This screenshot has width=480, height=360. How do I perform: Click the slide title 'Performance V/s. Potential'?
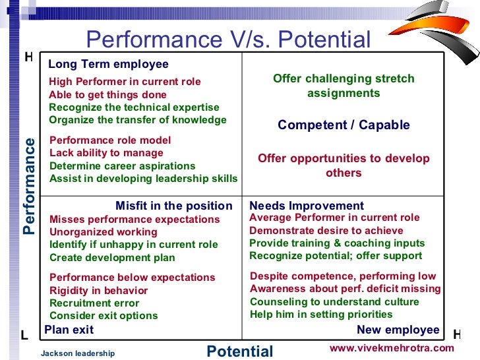pyautogui.click(x=228, y=40)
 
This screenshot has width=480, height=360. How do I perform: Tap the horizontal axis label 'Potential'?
pyautogui.click(x=240, y=351)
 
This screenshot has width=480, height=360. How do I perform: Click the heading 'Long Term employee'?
pyautogui.click(x=108, y=65)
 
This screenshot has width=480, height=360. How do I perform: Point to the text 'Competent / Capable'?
pyautogui.click(x=344, y=125)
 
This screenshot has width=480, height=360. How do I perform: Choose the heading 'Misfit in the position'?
pyautogui.click(x=173, y=206)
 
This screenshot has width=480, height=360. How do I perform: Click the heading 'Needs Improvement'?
pyautogui.click(x=307, y=206)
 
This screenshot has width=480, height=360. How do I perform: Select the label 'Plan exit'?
pyautogui.click(x=69, y=330)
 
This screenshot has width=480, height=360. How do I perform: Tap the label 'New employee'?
pyautogui.click(x=398, y=330)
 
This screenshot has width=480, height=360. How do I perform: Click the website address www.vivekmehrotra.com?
pyautogui.click(x=392, y=347)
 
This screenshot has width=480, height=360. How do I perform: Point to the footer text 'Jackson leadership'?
pyautogui.click(x=78, y=353)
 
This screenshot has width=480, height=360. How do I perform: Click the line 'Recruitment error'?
pyautogui.click(x=94, y=303)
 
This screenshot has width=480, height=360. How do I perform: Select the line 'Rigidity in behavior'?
pyautogui.click(x=98, y=291)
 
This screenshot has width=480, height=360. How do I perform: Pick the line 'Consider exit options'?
pyautogui.click(x=104, y=316)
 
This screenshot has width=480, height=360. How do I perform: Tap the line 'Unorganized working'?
pyautogui.click(x=104, y=232)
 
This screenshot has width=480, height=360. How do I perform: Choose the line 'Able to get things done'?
pyautogui.click(x=107, y=94)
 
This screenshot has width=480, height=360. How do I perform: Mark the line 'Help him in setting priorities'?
pyautogui.click(x=321, y=315)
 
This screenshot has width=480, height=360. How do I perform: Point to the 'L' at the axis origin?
pyautogui.click(x=24, y=335)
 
